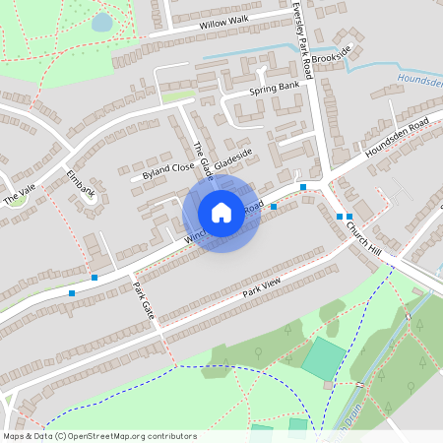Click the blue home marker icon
[221, 213]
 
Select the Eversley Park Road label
[302, 39]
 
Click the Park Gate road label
[143, 301]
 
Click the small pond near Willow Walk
[102, 22]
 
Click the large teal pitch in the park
[324, 359]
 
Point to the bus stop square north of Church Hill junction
[303, 187]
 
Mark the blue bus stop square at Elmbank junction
[95, 278]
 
